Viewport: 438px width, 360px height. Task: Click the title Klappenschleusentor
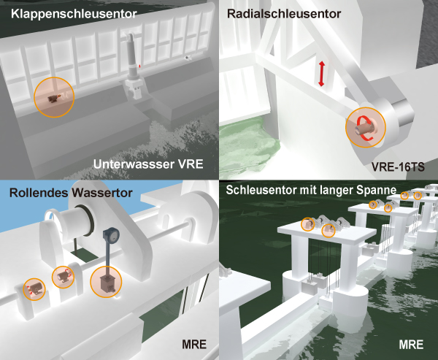tap(74, 14)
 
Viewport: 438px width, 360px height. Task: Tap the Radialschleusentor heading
tap(283, 14)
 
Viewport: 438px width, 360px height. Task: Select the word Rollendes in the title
tap(39, 193)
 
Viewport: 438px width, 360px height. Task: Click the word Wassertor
tap(101, 193)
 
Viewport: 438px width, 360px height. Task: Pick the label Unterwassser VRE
tap(148, 164)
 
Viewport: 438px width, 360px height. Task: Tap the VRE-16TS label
tap(398, 167)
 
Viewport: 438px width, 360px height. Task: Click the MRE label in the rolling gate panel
tap(194, 345)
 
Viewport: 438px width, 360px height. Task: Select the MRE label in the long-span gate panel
tap(411, 345)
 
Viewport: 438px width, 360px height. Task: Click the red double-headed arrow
tap(321, 74)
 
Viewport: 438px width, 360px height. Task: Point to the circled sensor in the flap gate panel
tap(54, 97)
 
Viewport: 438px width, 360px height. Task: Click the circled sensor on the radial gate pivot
tap(366, 128)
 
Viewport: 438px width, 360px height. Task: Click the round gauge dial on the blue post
tap(112, 236)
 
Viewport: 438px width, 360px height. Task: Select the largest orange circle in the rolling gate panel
tap(106, 282)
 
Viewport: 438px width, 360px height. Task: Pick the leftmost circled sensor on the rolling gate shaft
tap(34, 289)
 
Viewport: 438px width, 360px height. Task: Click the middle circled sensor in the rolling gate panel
tap(63, 277)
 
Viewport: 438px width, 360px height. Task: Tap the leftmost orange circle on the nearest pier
tap(307, 224)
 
